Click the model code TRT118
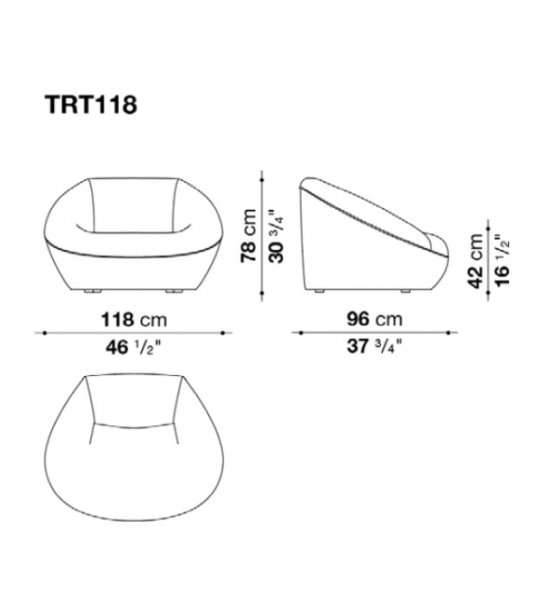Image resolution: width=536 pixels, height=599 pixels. (x=91, y=104)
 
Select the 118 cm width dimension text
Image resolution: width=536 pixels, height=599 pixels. (x=134, y=319)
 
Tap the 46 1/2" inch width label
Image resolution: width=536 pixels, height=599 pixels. (x=134, y=348)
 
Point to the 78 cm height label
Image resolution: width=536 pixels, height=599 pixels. (x=249, y=236)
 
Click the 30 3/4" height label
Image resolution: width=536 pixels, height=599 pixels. (x=276, y=236)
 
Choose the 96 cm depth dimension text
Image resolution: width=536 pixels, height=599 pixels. (x=374, y=319)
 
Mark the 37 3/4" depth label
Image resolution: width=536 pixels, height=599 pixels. (x=374, y=347)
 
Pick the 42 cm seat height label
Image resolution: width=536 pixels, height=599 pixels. (x=475, y=260)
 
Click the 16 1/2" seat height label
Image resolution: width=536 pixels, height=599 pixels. (x=502, y=262)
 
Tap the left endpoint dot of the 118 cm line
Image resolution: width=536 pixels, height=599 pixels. (x=45, y=333)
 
